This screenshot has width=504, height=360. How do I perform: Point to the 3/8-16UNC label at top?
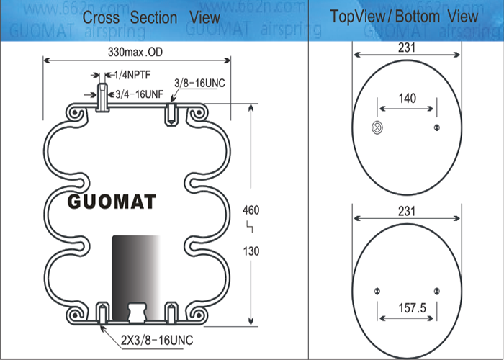pyautogui.click(x=199, y=84)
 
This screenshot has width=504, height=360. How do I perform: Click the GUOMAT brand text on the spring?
pyautogui.click(x=112, y=202)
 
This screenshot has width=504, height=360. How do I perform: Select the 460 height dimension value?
pyautogui.click(x=251, y=210)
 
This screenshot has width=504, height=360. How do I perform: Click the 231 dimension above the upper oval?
pyautogui.click(x=407, y=48)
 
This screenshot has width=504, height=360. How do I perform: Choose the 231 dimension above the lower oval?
pyautogui.click(x=407, y=212)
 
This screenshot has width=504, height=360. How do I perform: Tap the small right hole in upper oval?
pyautogui.click(x=436, y=128)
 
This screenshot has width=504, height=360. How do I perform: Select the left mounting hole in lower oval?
pyautogui.click(x=377, y=291)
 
